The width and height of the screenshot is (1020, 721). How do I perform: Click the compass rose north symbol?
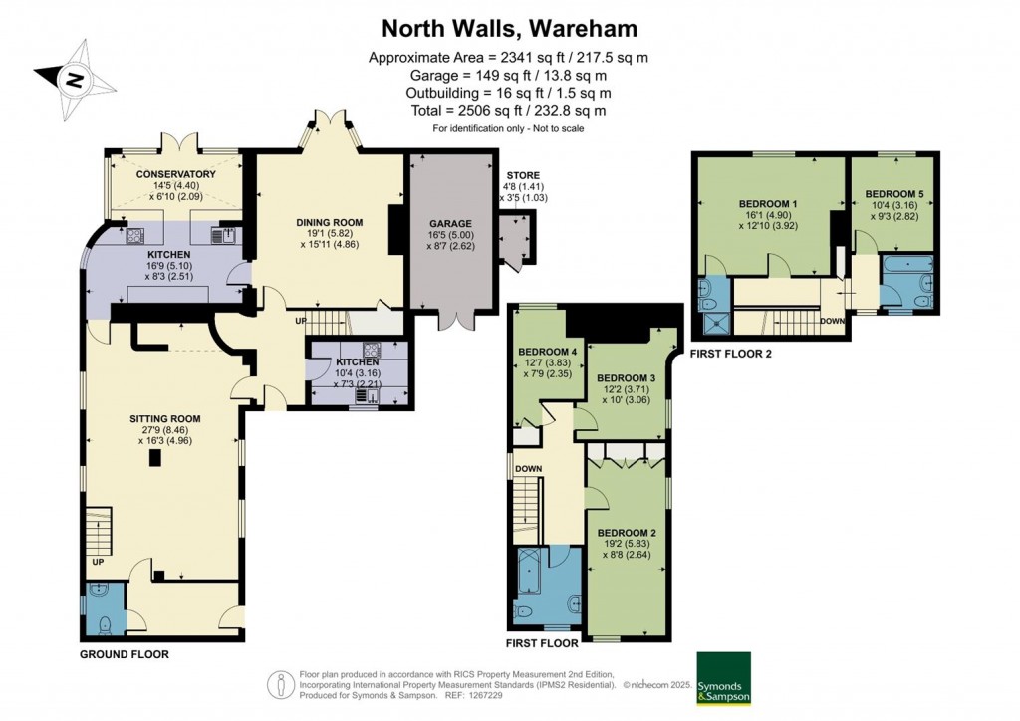tap(74, 78)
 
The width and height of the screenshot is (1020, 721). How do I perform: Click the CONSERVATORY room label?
tap(176, 174)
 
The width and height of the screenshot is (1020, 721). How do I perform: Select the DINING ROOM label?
tap(329, 222)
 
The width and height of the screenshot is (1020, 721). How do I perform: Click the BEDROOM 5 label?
tap(893, 193)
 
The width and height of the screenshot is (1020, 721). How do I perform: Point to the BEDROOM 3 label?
tap(626, 378)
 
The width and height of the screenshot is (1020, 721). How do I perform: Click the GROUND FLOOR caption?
tap(126, 654)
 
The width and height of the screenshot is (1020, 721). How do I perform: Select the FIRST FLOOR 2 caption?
tap(730, 354)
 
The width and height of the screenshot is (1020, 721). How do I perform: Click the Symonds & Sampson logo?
tap(722, 678)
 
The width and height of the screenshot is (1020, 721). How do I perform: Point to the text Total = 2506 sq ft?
tap(508, 111)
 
